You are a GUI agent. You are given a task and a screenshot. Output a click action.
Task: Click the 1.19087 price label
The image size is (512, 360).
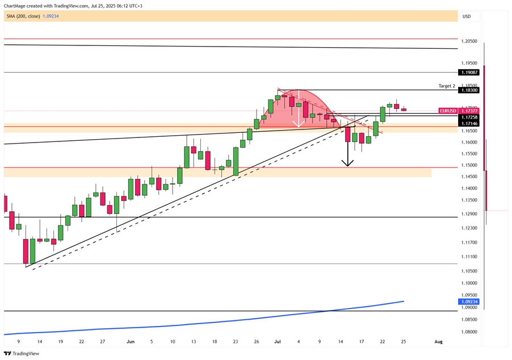coord(470,73)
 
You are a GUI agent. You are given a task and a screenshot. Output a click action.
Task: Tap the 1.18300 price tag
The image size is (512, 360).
coord(470,90)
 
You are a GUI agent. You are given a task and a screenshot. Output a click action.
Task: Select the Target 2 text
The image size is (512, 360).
coord(447,86)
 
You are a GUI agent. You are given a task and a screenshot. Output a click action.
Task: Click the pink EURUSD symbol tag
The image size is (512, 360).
coord(448,111)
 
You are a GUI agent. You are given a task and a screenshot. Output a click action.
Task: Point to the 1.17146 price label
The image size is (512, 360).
coord(470,123)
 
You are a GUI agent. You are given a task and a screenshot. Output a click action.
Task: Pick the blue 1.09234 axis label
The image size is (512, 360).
coord(470,302)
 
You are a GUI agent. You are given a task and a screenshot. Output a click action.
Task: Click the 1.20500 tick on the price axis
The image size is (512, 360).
coord(469,41)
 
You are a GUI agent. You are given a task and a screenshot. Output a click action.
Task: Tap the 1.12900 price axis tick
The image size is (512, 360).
coord(469,214)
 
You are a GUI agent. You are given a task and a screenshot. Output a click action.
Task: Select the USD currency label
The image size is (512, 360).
coord(467,16)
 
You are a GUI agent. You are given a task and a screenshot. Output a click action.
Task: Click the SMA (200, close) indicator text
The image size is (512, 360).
coord(23,16)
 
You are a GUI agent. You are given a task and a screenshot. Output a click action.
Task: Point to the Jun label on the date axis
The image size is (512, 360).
coord(131,342)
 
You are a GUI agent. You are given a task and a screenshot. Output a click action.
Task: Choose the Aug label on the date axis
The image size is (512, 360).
coord(438,342)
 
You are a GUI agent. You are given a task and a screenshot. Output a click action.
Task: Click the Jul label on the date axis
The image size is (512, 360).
coord(278,342)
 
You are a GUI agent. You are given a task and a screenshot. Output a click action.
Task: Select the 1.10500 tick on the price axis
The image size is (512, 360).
coord(469,271)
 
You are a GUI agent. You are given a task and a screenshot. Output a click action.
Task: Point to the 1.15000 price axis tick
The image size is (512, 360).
coord(469,166)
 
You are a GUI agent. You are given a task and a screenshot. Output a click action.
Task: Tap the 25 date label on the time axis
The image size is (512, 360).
coord(404,342)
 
